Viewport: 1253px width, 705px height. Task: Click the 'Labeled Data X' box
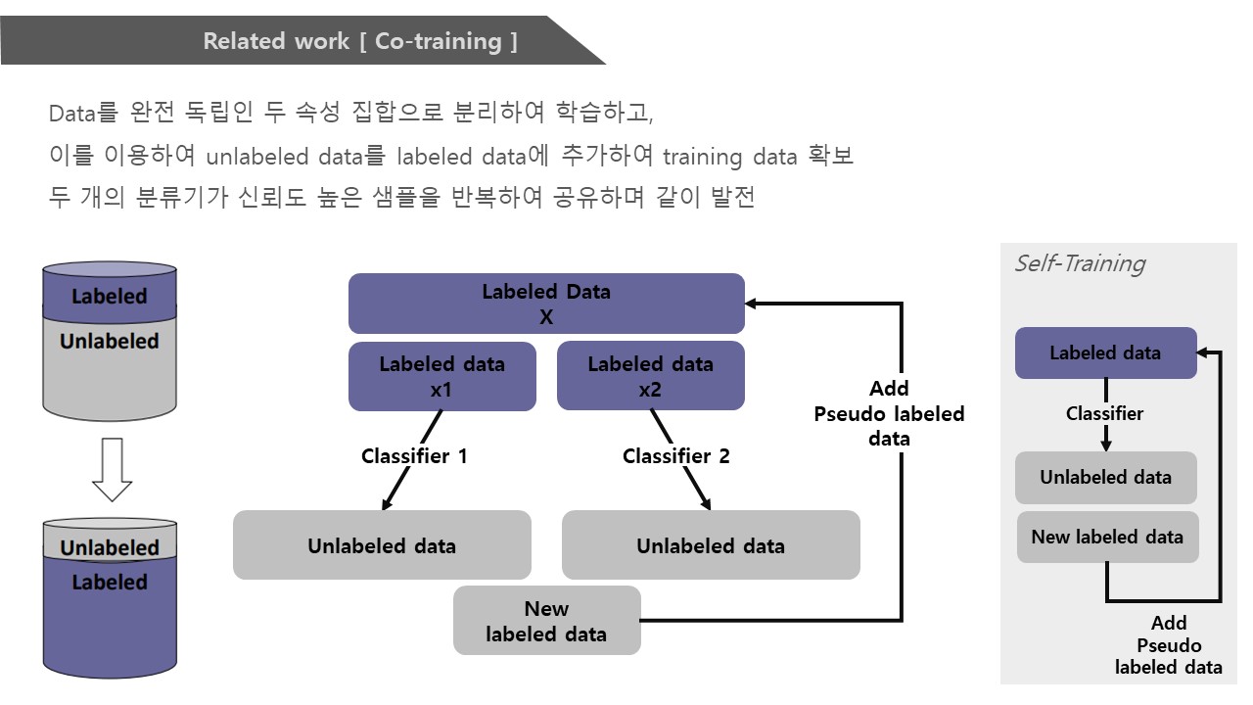[546, 304]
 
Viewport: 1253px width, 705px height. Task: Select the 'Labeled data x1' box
[441, 376]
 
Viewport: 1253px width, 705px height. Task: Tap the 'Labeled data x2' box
[651, 376]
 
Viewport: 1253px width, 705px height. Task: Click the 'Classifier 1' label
[414, 456]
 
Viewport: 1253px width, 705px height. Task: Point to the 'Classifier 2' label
[675, 456]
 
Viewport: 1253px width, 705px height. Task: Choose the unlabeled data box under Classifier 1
[382, 544]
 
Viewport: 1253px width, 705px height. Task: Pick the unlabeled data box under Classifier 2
[711, 544]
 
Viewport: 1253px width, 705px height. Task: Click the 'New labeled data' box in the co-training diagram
[546, 621]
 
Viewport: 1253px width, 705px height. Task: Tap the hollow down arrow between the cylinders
[112, 469]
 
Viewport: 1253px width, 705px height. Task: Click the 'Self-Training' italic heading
[1080, 263]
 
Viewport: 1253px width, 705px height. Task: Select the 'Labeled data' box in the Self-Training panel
[1106, 353]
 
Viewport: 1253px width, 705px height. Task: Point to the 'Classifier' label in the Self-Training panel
[1104, 413]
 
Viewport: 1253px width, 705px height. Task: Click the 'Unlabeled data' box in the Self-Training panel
[1106, 477]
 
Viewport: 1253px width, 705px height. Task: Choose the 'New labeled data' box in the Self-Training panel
[1107, 538]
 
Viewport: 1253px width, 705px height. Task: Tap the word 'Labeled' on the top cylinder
[110, 296]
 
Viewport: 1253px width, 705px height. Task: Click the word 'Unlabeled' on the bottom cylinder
[110, 547]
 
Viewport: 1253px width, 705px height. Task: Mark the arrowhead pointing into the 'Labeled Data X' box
[751, 304]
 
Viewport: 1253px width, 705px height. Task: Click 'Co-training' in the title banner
[438, 41]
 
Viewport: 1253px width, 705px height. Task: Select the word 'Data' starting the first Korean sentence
[72, 114]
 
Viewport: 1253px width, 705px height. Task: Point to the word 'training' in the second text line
[702, 157]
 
